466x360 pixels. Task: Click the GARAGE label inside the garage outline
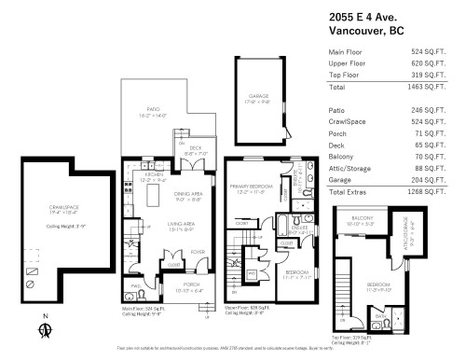coord(258,95)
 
